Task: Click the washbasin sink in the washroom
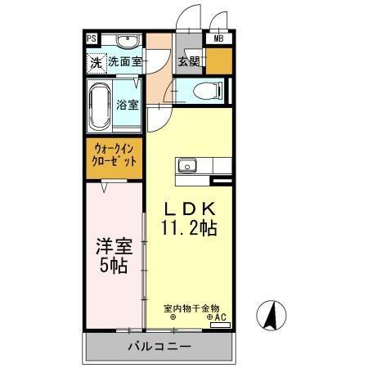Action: tap(127, 42)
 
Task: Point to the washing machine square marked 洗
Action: tap(96, 61)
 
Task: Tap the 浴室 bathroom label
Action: tap(128, 105)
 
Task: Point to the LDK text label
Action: tap(189, 207)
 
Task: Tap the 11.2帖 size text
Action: tap(189, 228)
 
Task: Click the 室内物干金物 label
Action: tap(191, 307)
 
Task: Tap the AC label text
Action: tap(218, 317)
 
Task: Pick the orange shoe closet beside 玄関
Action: tap(218, 61)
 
